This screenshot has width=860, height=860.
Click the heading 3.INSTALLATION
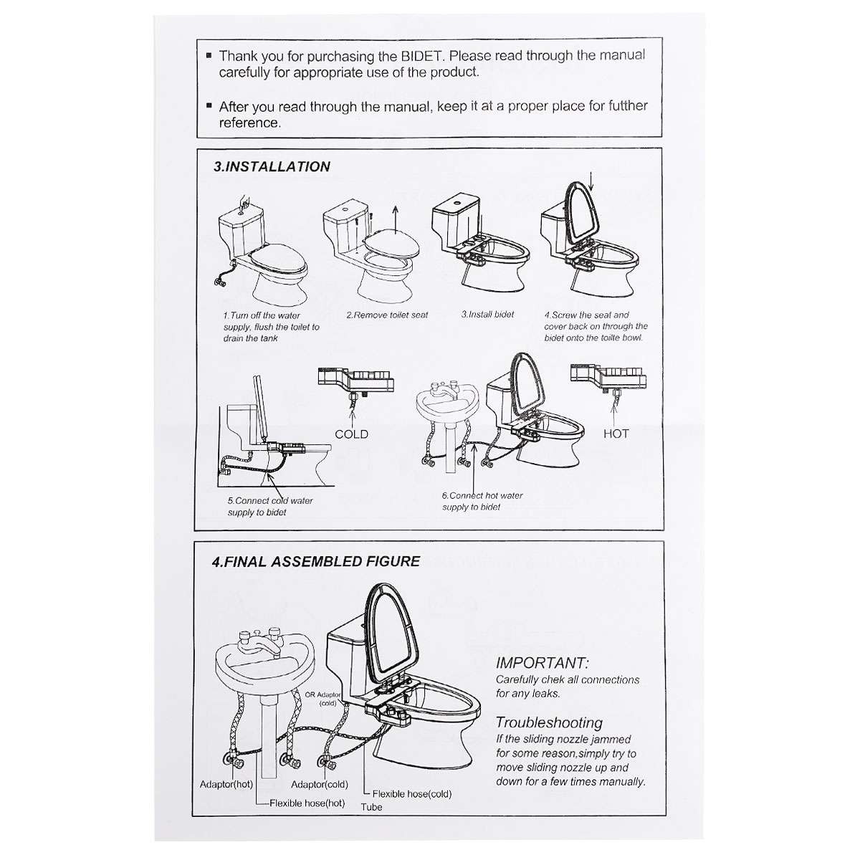point(272,166)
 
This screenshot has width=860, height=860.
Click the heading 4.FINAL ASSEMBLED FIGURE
point(316,561)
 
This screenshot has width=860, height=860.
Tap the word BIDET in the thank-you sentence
point(421,56)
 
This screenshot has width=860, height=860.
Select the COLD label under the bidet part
point(352,434)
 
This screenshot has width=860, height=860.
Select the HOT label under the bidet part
point(616,434)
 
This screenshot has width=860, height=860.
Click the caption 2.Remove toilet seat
point(387,315)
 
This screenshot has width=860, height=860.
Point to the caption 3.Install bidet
point(488,314)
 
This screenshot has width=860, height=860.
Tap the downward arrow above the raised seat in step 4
point(592,181)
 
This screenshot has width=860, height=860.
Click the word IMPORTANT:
point(543,663)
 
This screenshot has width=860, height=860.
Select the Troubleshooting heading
point(549,722)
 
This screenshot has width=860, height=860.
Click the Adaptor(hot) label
point(226,784)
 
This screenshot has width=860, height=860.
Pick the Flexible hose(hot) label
point(307,803)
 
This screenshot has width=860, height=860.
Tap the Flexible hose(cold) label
point(412,794)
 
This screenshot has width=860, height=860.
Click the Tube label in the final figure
point(371,807)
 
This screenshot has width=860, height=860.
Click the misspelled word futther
point(629,106)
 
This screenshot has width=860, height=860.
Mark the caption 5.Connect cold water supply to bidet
point(270,506)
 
